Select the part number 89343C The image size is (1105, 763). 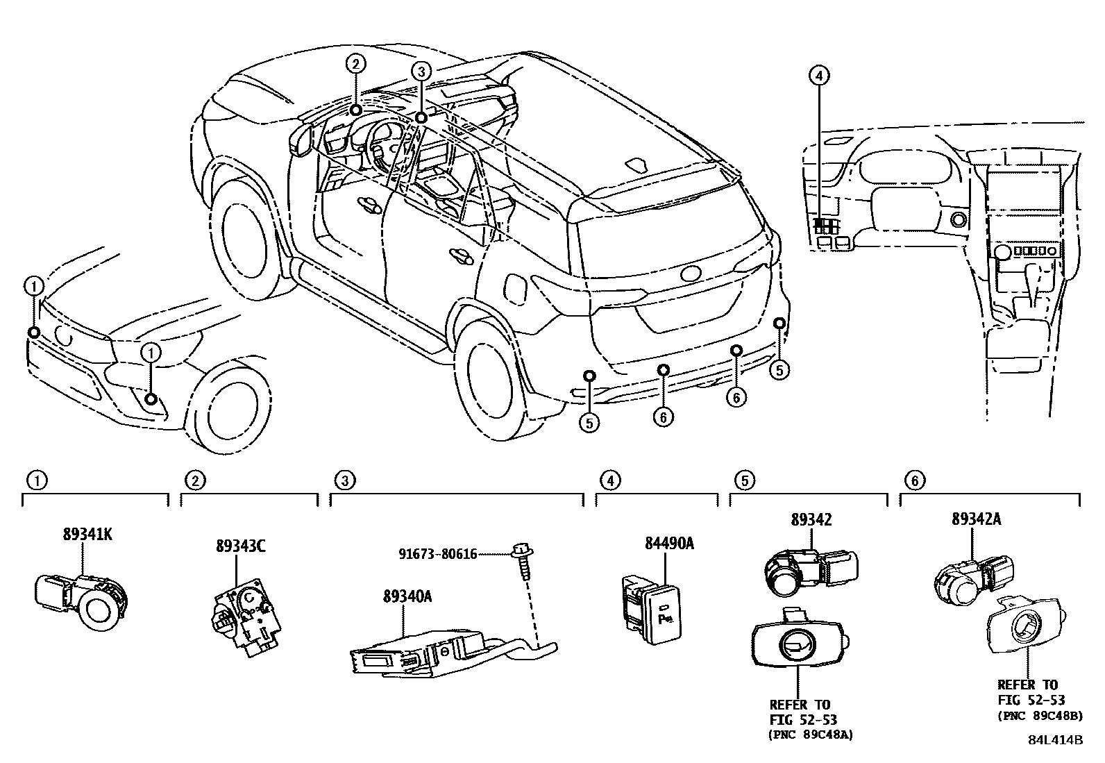[239, 546]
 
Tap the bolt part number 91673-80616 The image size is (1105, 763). [437, 553]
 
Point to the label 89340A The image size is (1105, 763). [407, 596]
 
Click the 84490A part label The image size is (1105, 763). [669, 543]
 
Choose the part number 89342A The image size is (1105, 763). [981, 519]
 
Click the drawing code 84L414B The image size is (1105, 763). [1055, 739]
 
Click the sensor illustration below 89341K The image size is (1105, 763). [82, 599]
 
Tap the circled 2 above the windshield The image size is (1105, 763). [355, 65]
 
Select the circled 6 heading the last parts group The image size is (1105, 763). [914, 480]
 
